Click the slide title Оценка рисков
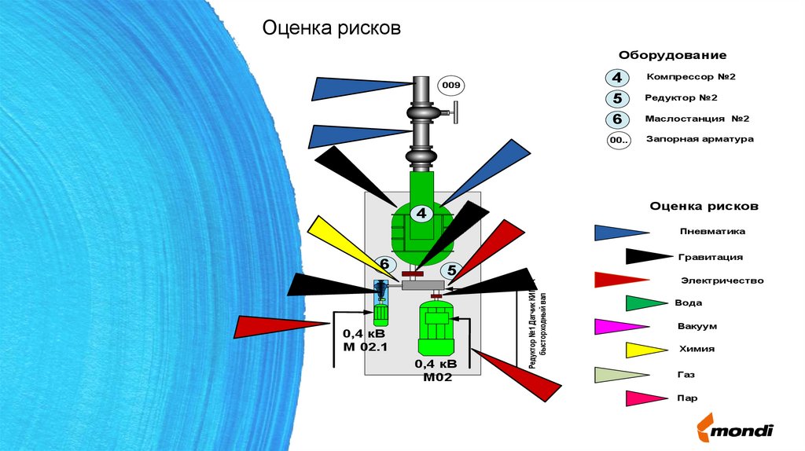331,30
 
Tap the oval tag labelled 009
451,86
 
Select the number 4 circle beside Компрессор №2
617,78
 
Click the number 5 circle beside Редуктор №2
617,99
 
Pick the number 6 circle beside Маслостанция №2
617,120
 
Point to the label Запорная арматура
699,139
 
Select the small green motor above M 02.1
381,313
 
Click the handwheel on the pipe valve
457,117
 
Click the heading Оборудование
672,56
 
